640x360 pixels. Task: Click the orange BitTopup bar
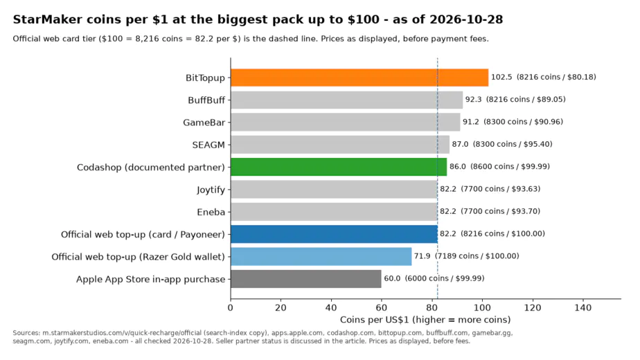point(359,78)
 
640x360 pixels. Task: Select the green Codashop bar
point(339,167)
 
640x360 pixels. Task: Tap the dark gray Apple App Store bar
point(305,279)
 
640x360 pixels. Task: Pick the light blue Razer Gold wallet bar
point(321,256)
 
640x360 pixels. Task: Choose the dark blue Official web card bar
point(334,234)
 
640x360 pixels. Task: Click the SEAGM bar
point(340,145)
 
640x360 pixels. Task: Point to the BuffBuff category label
point(206,100)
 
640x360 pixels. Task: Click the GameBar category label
point(204,123)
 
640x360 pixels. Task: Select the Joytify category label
point(211,190)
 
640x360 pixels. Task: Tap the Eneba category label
point(211,212)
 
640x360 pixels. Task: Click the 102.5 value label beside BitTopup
point(501,77)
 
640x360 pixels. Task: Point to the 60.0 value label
point(392,278)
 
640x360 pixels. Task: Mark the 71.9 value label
point(422,256)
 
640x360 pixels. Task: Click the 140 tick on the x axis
point(583,308)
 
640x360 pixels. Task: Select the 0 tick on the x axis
point(231,308)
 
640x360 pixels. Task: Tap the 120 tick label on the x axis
point(532,308)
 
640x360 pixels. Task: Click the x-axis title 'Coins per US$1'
point(375,320)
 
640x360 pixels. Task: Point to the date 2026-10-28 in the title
point(466,19)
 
